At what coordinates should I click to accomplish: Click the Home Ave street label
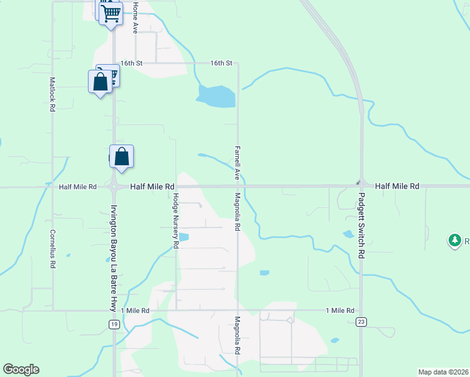[x=134, y=18]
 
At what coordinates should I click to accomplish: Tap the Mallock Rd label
[x=53, y=94]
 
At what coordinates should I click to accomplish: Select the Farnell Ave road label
[x=238, y=163]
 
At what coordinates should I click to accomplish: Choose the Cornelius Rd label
[x=53, y=248]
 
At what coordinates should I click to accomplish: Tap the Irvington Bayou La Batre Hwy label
[x=114, y=258]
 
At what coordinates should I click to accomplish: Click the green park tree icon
[x=454, y=240]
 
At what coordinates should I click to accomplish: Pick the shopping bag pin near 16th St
[x=100, y=82]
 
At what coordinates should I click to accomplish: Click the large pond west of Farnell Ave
[x=216, y=96]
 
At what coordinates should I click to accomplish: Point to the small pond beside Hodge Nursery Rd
[x=183, y=238]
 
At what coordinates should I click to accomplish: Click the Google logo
[x=21, y=369]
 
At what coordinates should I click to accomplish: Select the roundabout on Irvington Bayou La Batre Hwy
[x=114, y=187]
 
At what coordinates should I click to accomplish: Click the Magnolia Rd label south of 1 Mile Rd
[x=238, y=335]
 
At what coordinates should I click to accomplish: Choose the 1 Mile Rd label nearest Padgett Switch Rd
[x=340, y=310]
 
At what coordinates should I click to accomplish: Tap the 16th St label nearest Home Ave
[x=132, y=63]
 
